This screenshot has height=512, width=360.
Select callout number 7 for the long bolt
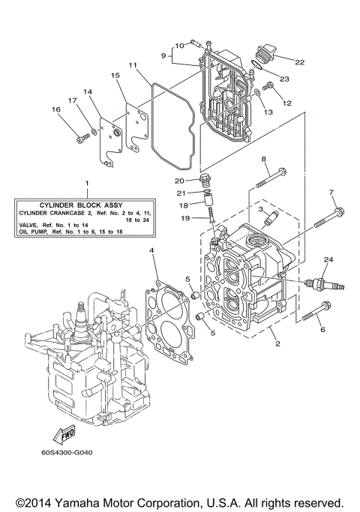click(x=331, y=193)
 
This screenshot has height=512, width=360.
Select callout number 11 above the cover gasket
click(x=133, y=65)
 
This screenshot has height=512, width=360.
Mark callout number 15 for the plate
click(x=115, y=76)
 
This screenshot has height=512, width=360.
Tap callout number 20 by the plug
click(x=180, y=181)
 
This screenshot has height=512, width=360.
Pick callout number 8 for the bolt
click(x=264, y=159)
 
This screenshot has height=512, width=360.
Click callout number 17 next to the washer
click(x=73, y=100)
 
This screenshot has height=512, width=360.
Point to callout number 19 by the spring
click(x=184, y=217)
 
